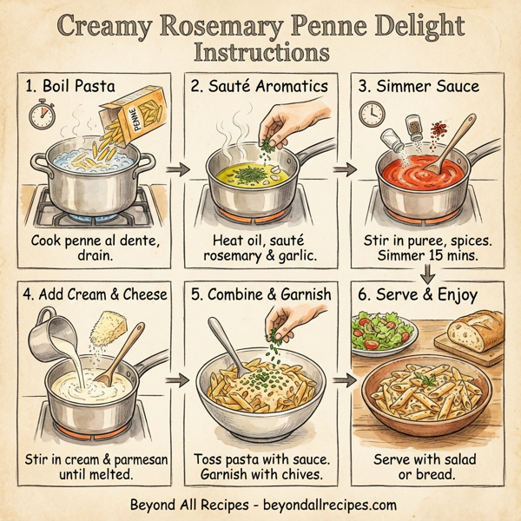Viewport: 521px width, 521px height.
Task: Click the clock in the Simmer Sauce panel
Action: tap(373, 114)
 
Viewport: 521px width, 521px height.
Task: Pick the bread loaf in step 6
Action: tap(476, 332)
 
